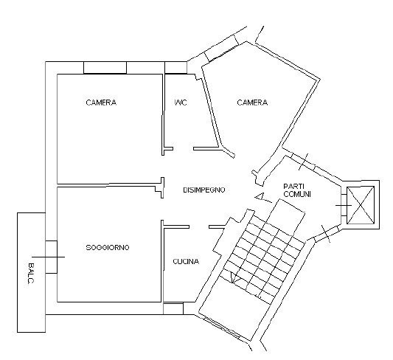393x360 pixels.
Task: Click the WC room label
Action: pyautogui.click(x=181, y=103)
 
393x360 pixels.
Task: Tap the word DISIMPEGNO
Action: pyautogui.click(x=204, y=190)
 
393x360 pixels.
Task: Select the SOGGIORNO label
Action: pyautogui.click(x=108, y=247)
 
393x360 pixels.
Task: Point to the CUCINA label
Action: pyautogui.click(x=186, y=261)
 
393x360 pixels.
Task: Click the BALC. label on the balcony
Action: pyautogui.click(x=30, y=273)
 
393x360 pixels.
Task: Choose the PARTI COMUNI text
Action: pyautogui.click(x=297, y=190)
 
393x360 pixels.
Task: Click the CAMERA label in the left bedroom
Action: pyautogui.click(x=101, y=103)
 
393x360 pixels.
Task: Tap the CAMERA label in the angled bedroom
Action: pyautogui.click(x=252, y=103)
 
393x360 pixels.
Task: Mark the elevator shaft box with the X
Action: pyautogui.click(x=361, y=205)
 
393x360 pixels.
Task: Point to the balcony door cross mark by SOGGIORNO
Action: pyautogui.click(x=49, y=257)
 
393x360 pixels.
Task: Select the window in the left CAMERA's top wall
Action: pyautogui.click(x=105, y=67)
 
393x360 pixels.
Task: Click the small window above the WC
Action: pyautogui.click(x=175, y=67)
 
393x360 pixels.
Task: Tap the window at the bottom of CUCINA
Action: pyautogui.click(x=173, y=308)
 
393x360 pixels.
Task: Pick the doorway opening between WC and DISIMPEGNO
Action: pyautogui.click(x=183, y=149)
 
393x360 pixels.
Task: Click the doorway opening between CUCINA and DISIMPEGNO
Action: pyautogui.click(x=199, y=227)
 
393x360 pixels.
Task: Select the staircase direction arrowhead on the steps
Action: pyautogui.click(x=235, y=277)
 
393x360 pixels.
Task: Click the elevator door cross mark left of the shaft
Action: pyautogui.click(x=344, y=206)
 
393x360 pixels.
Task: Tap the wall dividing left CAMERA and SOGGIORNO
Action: pyautogui.click(x=109, y=185)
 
